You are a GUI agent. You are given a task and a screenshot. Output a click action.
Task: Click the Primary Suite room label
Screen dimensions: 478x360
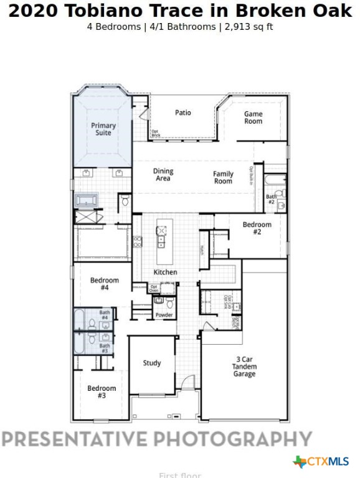tap(103, 129)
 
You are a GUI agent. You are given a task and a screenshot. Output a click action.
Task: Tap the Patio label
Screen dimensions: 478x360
tap(183, 113)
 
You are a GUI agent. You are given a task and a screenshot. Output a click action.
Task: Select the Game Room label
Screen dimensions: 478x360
tap(253, 118)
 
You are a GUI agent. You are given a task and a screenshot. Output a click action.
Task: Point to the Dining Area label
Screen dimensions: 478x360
tap(163, 175)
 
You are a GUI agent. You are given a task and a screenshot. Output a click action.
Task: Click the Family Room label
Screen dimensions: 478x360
tap(223, 177)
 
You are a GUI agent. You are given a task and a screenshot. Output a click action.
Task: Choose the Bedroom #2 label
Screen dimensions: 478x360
tap(257, 228)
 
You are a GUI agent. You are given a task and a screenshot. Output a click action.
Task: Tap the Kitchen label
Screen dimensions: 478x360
tap(166, 272)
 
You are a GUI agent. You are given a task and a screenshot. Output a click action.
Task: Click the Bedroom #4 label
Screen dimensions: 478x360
tap(100, 284)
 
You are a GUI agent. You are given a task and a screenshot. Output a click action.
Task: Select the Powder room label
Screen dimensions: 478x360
tap(164, 315)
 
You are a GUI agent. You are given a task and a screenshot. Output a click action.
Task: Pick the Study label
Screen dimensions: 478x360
tap(152, 363)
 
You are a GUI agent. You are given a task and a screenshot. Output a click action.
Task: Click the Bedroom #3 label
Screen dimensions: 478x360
tap(101, 391)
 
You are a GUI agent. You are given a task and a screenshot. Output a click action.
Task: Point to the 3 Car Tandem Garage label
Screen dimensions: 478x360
tap(245, 367)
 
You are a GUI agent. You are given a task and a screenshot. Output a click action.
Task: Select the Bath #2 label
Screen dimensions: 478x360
tap(272, 199)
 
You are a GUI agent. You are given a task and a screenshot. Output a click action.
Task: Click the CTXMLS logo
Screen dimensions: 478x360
tap(321, 461)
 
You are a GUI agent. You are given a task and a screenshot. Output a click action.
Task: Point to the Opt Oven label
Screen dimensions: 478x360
tap(154, 288)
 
